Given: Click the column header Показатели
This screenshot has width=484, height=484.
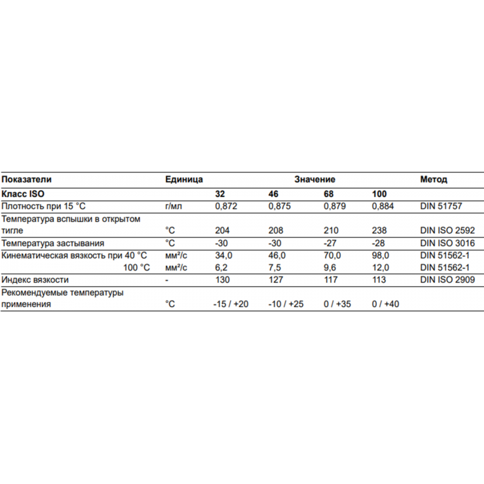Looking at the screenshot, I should [x=27, y=179].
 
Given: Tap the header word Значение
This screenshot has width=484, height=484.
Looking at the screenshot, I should [x=315, y=179].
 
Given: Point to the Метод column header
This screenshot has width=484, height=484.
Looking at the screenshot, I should [x=434, y=179].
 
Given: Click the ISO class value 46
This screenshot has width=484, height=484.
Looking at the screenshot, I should [x=273, y=194].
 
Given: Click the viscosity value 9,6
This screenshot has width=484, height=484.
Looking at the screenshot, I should [x=329, y=268].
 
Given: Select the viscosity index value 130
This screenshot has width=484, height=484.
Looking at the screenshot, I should [x=223, y=281].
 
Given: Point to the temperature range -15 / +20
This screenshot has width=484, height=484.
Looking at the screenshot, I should [x=232, y=304].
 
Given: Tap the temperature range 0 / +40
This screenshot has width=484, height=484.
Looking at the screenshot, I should [x=386, y=304].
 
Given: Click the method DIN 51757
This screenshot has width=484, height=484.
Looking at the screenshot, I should [x=440, y=206].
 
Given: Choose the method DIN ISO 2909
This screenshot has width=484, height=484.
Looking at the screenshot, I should [x=446, y=281].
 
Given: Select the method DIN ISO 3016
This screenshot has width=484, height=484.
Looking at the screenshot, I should [x=446, y=243].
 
